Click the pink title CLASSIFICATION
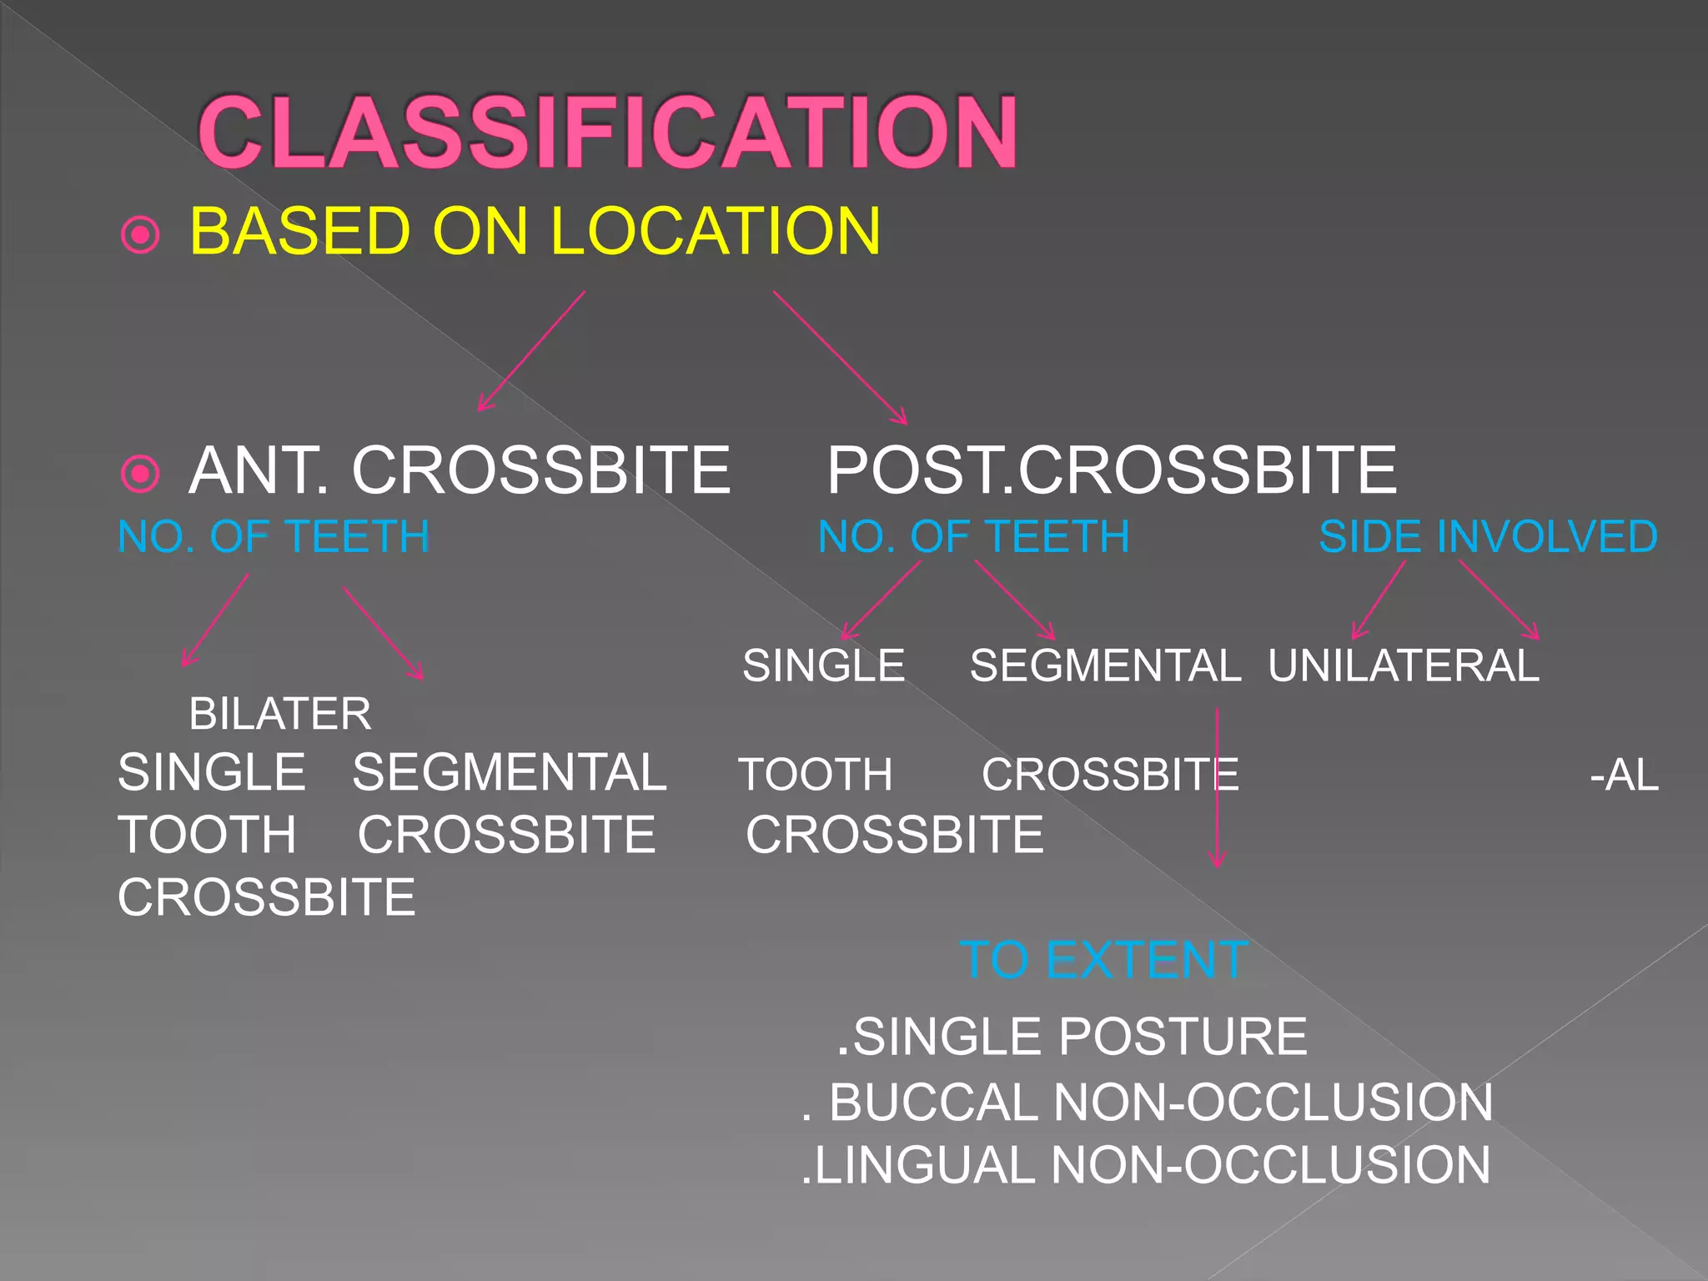[x=607, y=132]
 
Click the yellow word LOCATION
[x=715, y=231]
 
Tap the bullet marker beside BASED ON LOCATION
[x=140, y=235]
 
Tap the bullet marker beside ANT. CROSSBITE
[x=140, y=474]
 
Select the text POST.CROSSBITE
[x=1111, y=470]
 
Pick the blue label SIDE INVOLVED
[x=1488, y=536]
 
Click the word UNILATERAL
[x=1404, y=666]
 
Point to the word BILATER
[x=280, y=714]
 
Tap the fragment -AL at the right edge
[x=1624, y=775]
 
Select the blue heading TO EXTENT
[x=1103, y=960]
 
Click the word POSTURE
[x=1183, y=1037]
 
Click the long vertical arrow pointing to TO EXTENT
[x=1217, y=788]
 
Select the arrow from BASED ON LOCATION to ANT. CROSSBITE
[x=532, y=350]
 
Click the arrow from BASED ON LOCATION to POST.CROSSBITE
[x=839, y=357]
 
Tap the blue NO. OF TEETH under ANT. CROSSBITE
[x=274, y=536]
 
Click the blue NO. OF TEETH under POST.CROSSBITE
[x=973, y=536]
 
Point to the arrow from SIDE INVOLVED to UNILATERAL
[x=1378, y=600]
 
